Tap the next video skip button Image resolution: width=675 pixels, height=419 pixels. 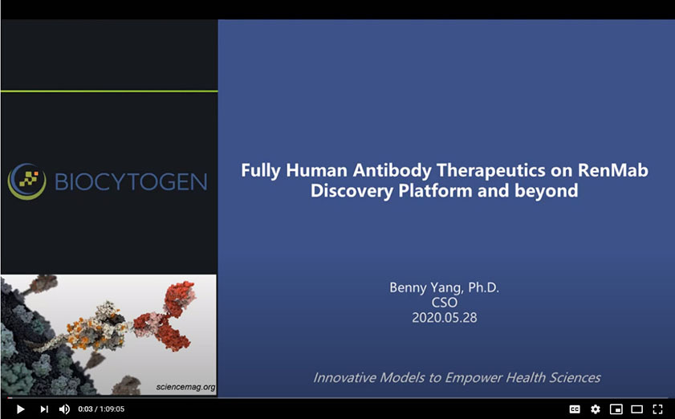tap(44, 409)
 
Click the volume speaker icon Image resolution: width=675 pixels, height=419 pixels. tap(64, 409)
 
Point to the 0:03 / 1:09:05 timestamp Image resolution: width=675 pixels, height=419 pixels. tap(101, 409)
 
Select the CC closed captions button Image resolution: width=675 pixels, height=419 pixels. tap(575, 409)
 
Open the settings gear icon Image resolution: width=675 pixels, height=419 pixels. tap(596, 409)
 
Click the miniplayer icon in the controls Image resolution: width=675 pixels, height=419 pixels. tap(616, 409)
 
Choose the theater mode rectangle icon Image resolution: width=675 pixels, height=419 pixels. tap(637, 409)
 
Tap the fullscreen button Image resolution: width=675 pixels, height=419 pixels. tap(657, 409)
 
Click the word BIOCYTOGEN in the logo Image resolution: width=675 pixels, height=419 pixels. tap(131, 181)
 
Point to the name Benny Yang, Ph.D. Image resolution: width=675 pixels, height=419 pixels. tap(444, 287)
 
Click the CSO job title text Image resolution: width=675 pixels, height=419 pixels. tap(444, 302)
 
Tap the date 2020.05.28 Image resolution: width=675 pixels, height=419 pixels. tap(444, 317)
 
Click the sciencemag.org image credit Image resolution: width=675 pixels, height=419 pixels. tap(185, 387)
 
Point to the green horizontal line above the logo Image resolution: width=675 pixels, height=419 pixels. tap(109, 92)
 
